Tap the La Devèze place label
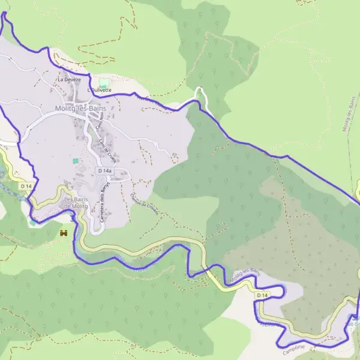(x=68, y=79)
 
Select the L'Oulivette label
(x=100, y=90)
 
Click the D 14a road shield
(x=105, y=171)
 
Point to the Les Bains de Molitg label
(x=76, y=203)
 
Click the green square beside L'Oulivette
(x=104, y=83)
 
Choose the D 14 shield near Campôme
(x=262, y=295)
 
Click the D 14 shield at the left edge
(x=25, y=187)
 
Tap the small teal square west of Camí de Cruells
(x=76, y=161)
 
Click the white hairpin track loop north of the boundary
(x=200, y=91)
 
